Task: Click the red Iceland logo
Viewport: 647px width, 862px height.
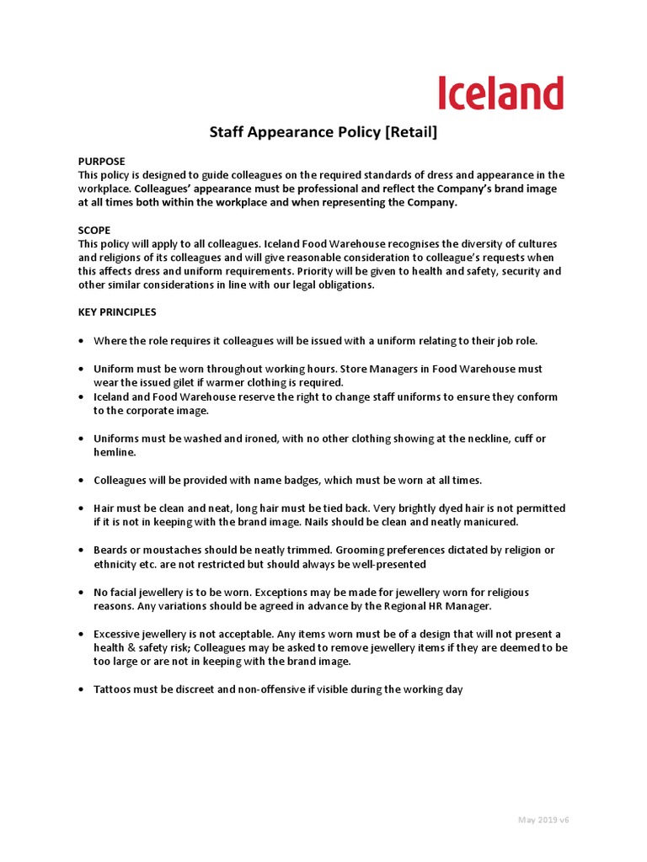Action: [500, 93]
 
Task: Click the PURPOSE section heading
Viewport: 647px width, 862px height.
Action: [101, 161]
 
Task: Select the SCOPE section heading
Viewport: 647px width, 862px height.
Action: [94, 230]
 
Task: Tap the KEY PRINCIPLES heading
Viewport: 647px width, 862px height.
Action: [117, 312]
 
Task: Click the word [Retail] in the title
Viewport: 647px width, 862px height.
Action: [409, 133]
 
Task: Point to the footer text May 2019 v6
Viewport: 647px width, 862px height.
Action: [544, 820]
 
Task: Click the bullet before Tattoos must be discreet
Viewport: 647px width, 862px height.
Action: [80, 689]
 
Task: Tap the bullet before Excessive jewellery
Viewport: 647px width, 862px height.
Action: [80, 634]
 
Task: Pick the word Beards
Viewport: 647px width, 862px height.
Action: [111, 550]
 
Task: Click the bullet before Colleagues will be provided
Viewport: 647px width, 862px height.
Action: [80, 480]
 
